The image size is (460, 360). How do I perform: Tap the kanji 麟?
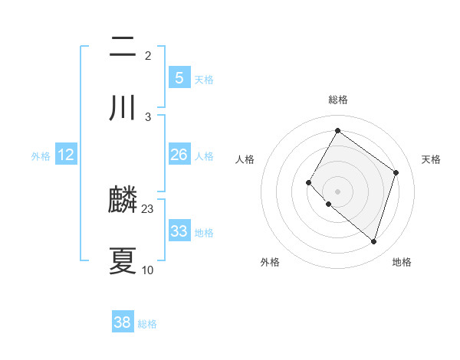pos(123,201)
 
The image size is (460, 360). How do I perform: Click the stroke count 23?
pos(148,209)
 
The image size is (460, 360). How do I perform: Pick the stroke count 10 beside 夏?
pos(148,270)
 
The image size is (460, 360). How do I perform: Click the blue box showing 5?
pos(179,78)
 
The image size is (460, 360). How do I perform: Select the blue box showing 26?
pos(179,155)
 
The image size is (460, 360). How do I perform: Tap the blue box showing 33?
pos(179,231)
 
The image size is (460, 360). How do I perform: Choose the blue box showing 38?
pos(123,323)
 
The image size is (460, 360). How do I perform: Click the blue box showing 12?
pos(66,155)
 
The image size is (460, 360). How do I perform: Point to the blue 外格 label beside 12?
pos(41,156)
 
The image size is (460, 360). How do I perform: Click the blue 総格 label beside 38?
pos(147,325)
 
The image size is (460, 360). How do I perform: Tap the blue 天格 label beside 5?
pos(204,80)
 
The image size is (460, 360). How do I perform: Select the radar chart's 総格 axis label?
pos(338,100)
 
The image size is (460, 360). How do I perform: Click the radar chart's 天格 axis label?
pos(432,159)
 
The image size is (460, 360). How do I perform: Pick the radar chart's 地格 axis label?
pos(402,262)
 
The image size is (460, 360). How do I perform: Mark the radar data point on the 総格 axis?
pos(337,131)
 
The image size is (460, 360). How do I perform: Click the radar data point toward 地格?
pos(373,242)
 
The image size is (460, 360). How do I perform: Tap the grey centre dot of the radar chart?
pos(337,191)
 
